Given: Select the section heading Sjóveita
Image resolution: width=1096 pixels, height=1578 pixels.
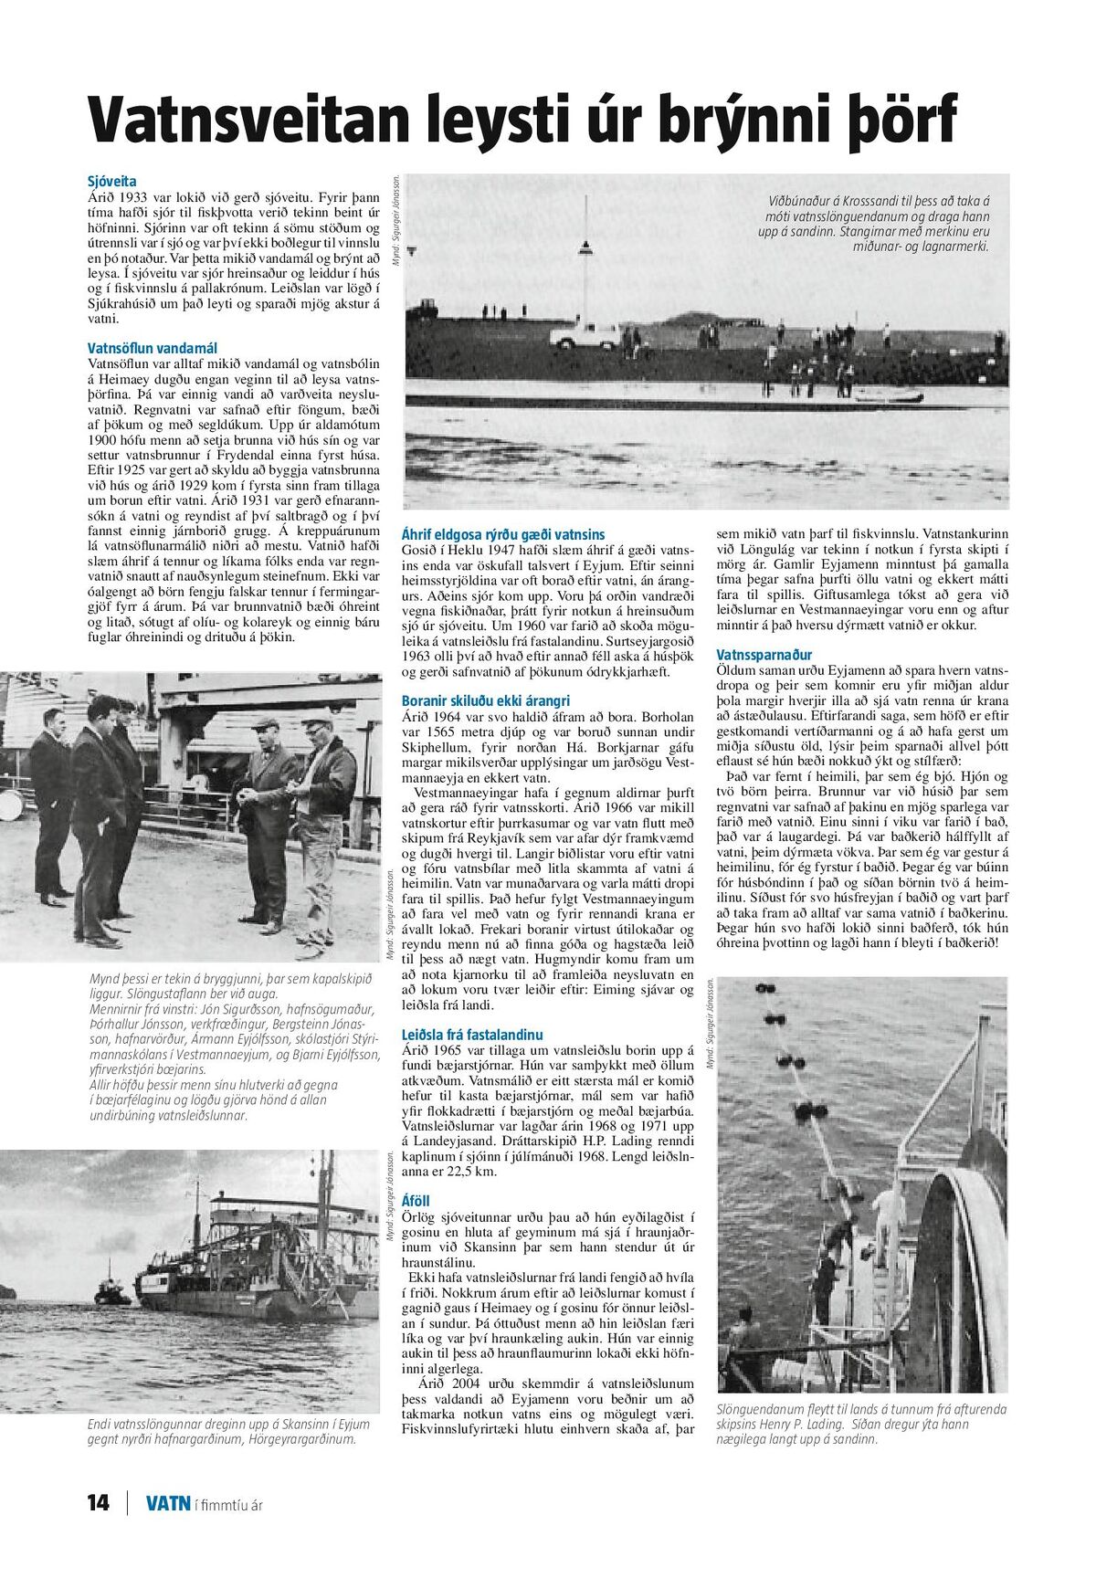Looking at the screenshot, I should (111, 182).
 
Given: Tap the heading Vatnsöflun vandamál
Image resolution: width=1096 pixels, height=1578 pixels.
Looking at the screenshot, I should (153, 348).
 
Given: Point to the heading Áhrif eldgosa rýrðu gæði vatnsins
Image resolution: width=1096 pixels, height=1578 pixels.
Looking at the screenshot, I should (503, 534).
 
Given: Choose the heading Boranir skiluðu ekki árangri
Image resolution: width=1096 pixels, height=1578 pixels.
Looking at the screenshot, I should (486, 700).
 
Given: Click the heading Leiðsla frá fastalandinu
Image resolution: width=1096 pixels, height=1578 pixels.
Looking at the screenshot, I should (472, 1035).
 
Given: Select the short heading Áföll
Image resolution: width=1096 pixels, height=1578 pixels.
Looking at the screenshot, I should (416, 1201).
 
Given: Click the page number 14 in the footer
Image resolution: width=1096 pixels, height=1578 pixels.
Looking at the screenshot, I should (98, 1503).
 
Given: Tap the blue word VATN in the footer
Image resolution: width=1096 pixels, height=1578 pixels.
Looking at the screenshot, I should (168, 1503).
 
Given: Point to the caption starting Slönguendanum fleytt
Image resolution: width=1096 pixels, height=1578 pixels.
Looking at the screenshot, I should (861, 1424).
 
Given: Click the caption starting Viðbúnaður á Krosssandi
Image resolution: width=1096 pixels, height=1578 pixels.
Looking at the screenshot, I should (877, 224).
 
